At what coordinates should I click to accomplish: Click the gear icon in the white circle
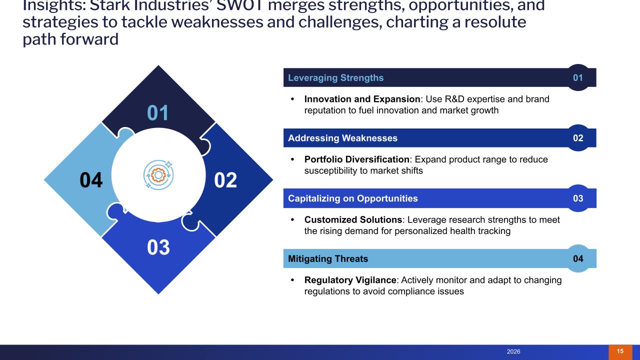158,174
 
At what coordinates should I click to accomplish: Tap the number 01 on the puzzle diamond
158,113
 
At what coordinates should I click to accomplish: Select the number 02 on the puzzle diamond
225,180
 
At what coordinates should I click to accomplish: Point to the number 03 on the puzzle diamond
158,247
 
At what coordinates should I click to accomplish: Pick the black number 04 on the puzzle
91,180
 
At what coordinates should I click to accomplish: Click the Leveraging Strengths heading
336,77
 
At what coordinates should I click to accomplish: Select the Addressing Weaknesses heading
343,138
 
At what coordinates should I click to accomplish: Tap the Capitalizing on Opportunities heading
353,198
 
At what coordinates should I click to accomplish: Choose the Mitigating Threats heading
328,258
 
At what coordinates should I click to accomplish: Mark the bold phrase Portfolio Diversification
357,159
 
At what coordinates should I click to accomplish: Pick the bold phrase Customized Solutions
353,219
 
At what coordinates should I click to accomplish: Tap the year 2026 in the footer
513,352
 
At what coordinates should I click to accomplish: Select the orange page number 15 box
620,351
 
